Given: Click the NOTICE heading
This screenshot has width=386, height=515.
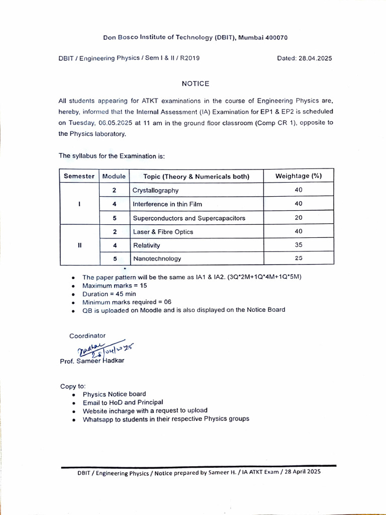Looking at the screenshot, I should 196,83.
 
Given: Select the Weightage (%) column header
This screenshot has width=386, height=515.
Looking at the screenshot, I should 299,176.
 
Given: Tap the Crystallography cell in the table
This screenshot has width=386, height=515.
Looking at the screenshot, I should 155,191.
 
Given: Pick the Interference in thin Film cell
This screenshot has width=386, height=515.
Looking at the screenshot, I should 167,204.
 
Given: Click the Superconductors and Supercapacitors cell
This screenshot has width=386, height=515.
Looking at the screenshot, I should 188,218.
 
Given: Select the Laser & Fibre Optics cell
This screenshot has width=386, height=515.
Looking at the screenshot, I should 163,232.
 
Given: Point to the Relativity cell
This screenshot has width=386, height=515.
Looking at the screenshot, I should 146,245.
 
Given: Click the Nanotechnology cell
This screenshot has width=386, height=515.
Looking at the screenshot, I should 157,259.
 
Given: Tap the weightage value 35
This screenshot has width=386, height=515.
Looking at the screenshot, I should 299,245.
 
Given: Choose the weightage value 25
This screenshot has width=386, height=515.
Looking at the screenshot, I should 299,258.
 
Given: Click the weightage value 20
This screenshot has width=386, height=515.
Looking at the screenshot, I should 299,218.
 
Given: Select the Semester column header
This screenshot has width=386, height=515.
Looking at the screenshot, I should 79,176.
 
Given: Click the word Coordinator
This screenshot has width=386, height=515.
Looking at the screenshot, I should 87,335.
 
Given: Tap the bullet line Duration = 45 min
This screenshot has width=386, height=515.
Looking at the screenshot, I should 109,294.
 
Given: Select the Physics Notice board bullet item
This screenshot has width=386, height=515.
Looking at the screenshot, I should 114,394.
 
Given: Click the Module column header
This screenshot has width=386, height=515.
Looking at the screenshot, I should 114,176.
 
